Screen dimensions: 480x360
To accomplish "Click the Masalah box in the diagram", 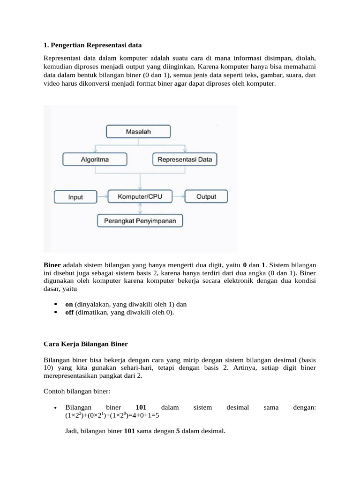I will (138, 132).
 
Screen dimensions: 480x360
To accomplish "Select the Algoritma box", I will (94, 159).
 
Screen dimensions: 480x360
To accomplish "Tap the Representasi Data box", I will (185, 159).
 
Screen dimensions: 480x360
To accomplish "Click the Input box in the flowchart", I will (75, 197).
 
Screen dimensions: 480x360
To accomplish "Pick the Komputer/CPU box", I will (140, 196).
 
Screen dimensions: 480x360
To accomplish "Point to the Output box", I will (206, 196).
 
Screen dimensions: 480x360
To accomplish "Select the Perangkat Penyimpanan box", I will (140, 220).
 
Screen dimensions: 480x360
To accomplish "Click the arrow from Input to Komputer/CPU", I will (102, 197).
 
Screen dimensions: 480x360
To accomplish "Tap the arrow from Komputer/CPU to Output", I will (179, 196).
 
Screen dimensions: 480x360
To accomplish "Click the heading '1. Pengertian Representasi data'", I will (92, 45).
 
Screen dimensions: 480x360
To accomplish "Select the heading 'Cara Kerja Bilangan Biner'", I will (85, 344).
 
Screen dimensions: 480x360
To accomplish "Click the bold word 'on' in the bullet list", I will (69, 304).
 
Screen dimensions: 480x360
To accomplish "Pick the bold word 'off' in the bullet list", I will (69, 311).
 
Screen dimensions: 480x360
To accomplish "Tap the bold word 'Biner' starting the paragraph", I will (52, 264).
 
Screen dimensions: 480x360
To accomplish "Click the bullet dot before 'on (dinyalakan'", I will (56, 304).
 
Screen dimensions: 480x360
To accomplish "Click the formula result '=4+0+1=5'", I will (146, 415).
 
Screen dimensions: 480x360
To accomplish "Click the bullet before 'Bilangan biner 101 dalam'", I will (56, 408).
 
